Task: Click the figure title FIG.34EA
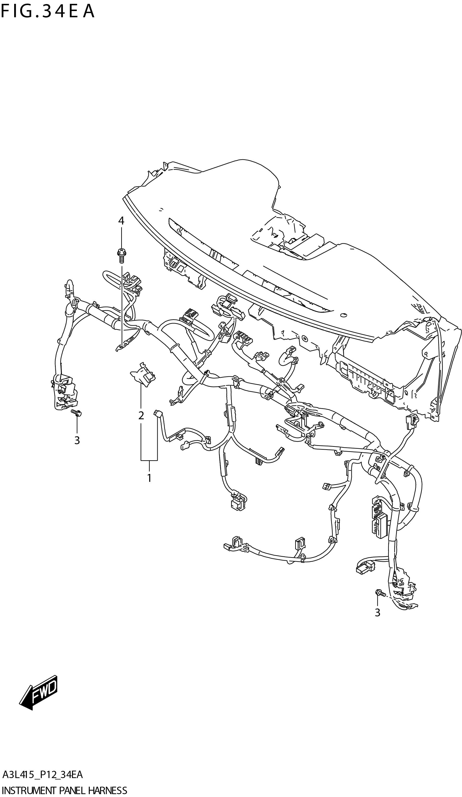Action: (x=48, y=12)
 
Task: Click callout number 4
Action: (x=121, y=221)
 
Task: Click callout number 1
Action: (x=149, y=478)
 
